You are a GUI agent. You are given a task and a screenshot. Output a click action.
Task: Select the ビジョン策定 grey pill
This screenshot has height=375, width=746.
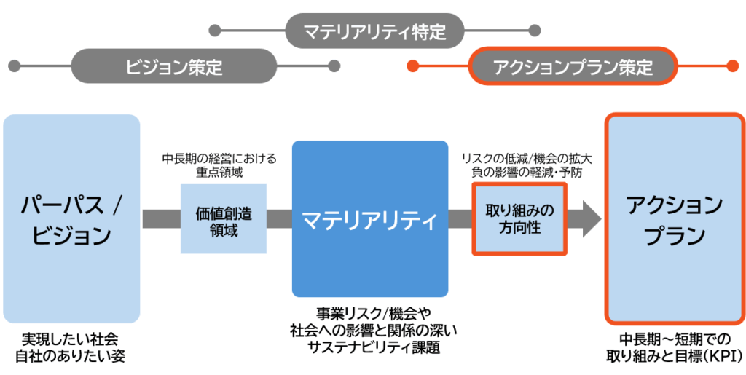(173, 66)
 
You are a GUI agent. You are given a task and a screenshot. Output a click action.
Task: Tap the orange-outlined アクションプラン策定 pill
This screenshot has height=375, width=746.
(573, 67)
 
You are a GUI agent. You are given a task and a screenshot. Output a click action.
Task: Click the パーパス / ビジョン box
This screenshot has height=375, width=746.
(71, 218)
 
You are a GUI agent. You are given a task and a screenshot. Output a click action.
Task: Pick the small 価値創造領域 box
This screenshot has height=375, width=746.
(224, 218)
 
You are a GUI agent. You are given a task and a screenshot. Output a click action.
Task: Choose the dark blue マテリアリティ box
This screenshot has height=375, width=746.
(370, 218)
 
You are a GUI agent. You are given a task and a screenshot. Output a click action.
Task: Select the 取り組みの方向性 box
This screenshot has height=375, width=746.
(519, 218)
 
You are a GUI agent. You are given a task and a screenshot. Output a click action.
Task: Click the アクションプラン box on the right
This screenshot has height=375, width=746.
(675, 218)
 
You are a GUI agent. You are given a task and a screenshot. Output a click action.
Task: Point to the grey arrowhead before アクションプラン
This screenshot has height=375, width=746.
(589, 218)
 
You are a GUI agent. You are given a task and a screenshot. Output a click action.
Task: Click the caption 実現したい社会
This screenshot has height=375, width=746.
(70, 341)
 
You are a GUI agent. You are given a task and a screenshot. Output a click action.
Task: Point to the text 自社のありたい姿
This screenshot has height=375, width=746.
(70, 356)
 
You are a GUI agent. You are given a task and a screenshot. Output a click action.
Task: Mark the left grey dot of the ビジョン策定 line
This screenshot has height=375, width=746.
(13, 66)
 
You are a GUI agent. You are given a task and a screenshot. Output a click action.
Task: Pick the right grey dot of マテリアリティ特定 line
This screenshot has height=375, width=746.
(535, 31)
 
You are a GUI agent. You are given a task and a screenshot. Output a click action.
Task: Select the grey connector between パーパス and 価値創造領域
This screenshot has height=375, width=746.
(160, 218)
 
